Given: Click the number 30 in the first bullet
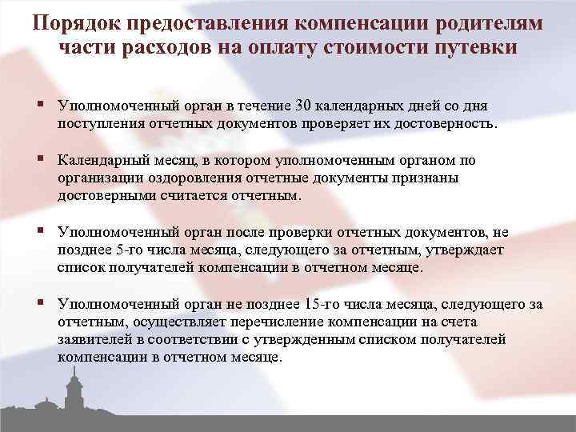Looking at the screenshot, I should click(303, 106).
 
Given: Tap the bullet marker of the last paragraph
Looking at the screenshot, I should click(40, 304).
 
